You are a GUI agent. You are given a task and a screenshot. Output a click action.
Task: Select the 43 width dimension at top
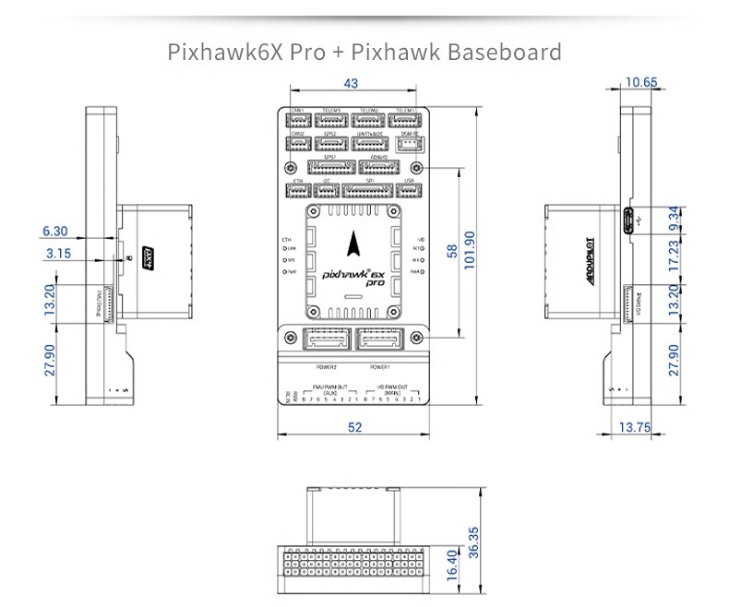click(351, 84)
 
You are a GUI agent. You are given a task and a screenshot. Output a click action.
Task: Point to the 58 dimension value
click(452, 252)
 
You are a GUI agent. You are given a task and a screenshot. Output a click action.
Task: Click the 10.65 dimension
click(641, 82)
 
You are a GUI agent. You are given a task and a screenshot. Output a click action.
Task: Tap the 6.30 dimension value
click(54, 231)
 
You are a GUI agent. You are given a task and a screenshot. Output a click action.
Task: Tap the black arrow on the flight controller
click(355, 243)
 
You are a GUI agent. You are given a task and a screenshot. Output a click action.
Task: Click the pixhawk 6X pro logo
click(354, 276)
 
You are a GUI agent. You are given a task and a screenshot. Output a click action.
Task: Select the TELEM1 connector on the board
click(405, 120)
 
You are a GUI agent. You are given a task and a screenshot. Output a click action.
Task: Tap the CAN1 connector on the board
click(299, 120)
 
